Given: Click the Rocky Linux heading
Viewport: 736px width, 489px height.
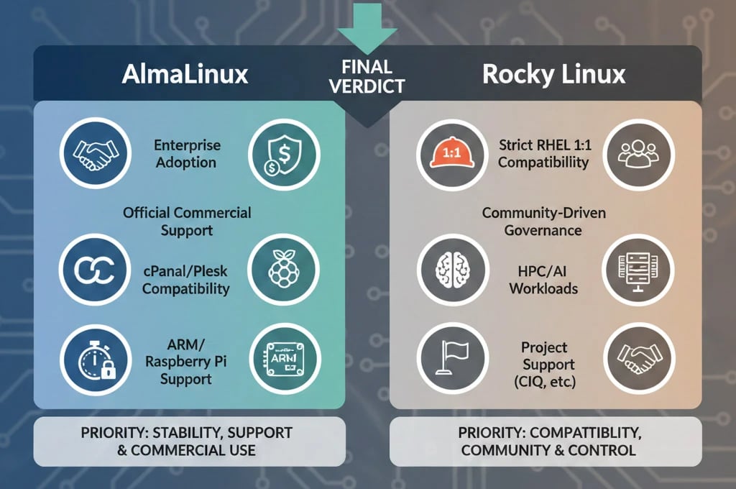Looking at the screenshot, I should tap(553, 74).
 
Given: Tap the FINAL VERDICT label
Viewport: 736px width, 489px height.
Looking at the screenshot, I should tap(367, 76).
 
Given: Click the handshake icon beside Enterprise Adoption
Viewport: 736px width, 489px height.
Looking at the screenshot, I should tap(96, 153).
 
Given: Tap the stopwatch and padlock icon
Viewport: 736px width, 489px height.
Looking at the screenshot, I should tap(96, 358).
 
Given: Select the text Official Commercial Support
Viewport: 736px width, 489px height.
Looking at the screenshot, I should tap(187, 221).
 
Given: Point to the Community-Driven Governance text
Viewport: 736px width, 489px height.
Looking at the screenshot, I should tap(543, 221).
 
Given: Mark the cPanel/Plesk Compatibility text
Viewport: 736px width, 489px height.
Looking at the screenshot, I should tap(185, 280).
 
